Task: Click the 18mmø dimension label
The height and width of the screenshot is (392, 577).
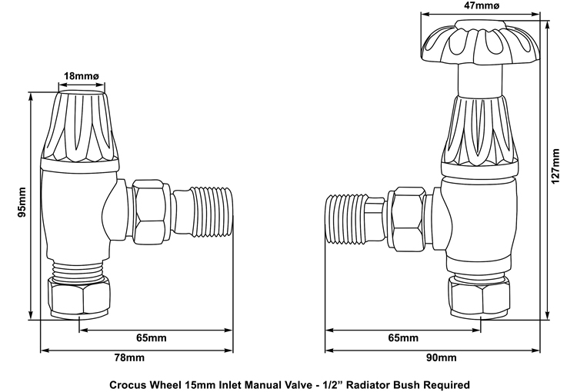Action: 80,76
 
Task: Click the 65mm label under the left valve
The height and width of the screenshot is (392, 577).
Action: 152,338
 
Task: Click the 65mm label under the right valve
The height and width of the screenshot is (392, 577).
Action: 403,338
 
